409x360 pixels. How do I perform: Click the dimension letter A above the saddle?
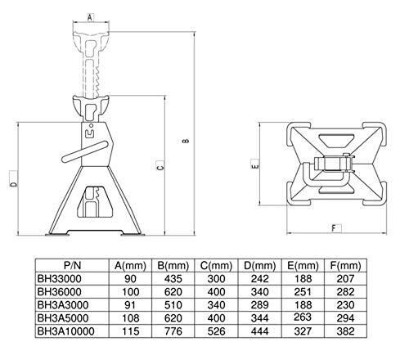pos(90,17)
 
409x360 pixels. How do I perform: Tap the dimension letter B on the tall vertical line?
pos(186,141)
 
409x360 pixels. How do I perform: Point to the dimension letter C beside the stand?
pos(160,166)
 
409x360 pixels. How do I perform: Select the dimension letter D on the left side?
pos(13,184)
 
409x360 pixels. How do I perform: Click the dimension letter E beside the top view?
pos(255,165)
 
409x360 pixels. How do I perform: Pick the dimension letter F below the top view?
pos(334,228)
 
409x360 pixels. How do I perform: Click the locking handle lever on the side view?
pos(85,151)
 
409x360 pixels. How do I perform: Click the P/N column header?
pos(72,265)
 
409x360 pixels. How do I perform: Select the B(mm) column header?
pos(173,265)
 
